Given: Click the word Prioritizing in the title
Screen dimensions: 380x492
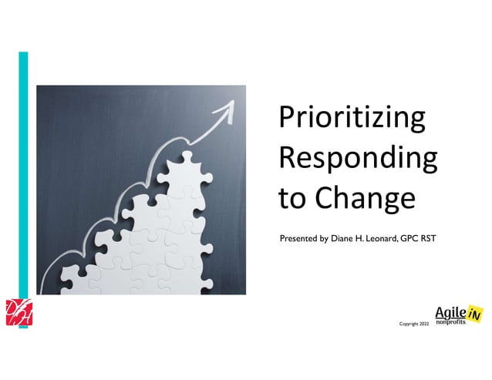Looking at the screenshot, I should point(352,120).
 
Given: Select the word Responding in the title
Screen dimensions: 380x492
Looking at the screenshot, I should point(357,159).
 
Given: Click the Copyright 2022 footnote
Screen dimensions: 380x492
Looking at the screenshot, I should point(413,325).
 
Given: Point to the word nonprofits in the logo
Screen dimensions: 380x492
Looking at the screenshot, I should point(450,321).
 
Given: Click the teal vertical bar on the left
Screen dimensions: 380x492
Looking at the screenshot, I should point(23,185).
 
